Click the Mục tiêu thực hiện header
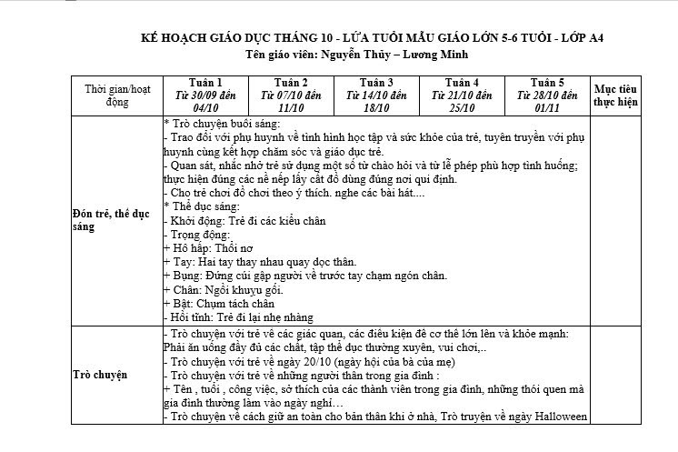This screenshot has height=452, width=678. pyautogui.click(x=615, y=95)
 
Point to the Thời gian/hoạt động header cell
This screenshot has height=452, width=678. pyautogui.click(x=117, y=95)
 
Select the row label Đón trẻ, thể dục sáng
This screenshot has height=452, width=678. pyautogui.click(x=108, y=219)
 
